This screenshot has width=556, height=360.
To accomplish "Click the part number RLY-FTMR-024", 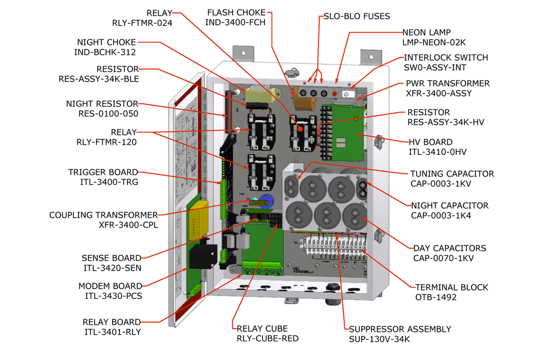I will coord(142,23).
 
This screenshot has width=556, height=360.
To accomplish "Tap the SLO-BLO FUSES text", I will coord(356,16).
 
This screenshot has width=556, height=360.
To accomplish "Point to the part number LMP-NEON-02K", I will coord(434,43).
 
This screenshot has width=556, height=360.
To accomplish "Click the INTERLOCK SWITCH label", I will coord(446,58).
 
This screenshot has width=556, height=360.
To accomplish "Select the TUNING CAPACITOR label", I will coord(452,174).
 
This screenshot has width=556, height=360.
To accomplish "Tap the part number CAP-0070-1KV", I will coord(443,258).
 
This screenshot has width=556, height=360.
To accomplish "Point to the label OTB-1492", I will coord(435,297).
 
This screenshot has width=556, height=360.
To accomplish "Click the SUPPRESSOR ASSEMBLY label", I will coord(399,329).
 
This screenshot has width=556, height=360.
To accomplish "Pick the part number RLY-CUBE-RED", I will coord(267,338).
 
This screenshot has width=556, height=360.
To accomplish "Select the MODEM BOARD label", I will coord(110,286).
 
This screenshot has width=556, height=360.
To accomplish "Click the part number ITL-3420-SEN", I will coord(112,268).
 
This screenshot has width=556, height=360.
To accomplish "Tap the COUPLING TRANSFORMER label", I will coord(104,215).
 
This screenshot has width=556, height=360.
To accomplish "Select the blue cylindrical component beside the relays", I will coord(268,202).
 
